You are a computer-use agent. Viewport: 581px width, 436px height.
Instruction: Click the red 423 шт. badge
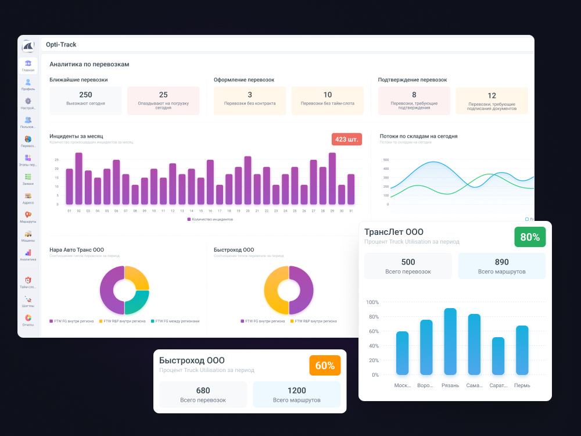(x=347, y=140)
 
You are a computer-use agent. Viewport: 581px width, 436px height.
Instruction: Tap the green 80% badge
(x=530, y=237)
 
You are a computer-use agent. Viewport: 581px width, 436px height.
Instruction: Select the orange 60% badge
(x=325, y=366)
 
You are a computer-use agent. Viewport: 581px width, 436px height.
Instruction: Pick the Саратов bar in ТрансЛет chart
(x=498, y=356)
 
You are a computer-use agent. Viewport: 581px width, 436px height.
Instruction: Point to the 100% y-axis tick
(x=372, y=302)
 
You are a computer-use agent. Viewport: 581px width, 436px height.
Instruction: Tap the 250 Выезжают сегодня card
(x=85, y=101)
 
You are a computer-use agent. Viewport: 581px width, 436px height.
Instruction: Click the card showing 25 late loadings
(x=163, y=101)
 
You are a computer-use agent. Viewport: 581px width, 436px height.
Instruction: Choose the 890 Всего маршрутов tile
(x=501, y=266)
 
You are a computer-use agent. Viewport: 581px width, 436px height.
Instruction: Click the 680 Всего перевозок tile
(x=203, y=395)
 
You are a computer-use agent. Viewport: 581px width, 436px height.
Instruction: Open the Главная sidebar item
(x=28, y=65)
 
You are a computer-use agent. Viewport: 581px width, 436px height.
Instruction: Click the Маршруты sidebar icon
(x=28, y=217)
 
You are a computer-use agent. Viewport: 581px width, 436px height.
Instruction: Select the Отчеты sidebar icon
(x=28, y=320)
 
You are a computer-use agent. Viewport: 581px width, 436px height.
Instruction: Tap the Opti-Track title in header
(x=61, y=45)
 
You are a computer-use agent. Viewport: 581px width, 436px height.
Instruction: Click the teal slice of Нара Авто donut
(x=138, y=302)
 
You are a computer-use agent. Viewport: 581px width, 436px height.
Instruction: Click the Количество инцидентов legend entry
(x=210, y=219)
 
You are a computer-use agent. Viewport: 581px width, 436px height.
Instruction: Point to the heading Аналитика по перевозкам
(x=89, y=65)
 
